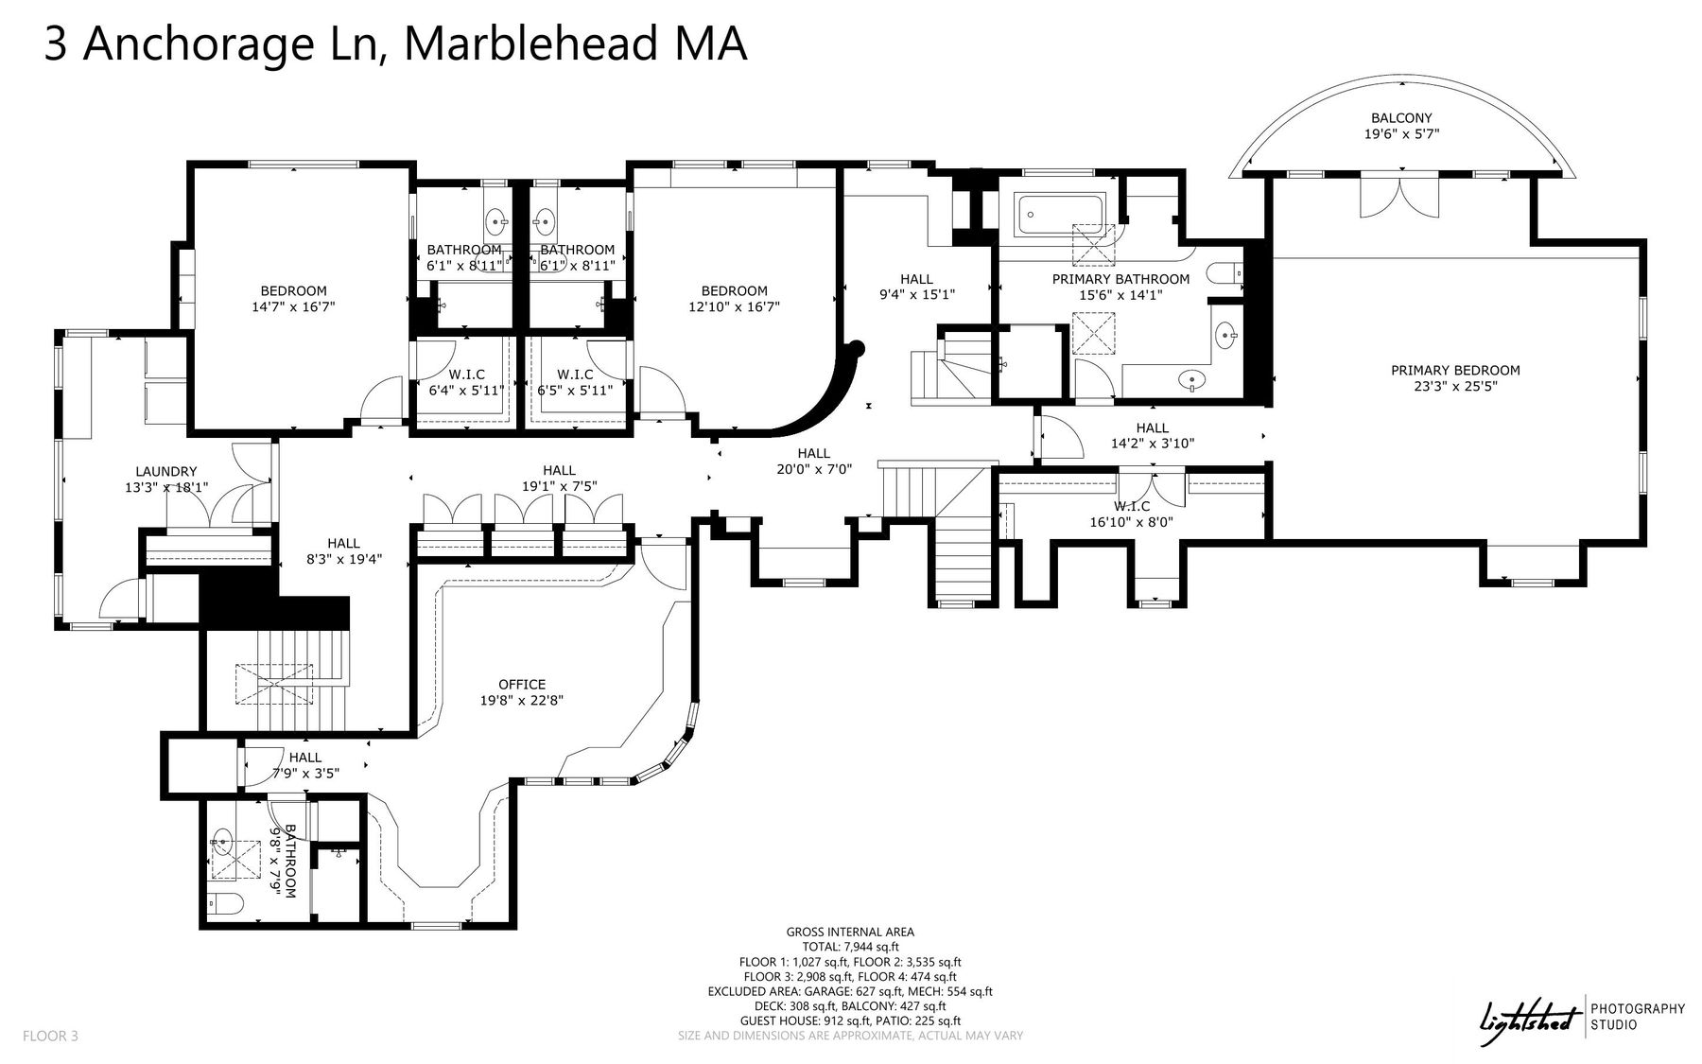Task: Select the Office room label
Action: (x=522, y=685)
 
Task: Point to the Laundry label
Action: (x=166, y=472)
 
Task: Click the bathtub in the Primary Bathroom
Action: (x=1060, y=215)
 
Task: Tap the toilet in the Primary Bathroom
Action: (x=1228, y=273)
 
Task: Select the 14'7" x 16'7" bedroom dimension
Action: (x=293, y=306)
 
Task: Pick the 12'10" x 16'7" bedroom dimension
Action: (x=734, y=306)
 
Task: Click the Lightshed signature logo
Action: (x=1530, y=1022)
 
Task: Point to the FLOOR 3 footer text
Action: (x=50, y=1037)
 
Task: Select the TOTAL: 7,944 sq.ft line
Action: (x=849, y=947)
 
